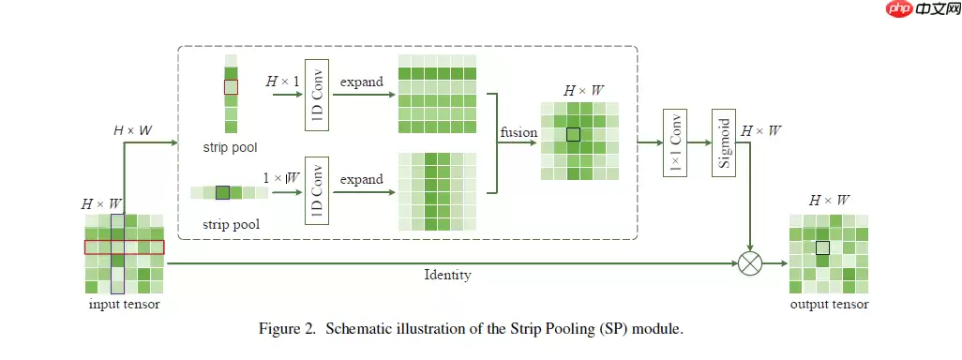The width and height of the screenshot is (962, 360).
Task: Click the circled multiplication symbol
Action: (x=749, y=263)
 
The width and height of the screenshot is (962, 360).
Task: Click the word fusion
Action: (x=519, y=133)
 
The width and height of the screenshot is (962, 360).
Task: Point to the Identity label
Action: (x=447, y=276)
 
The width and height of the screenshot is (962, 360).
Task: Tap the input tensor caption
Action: (x=124, y=305)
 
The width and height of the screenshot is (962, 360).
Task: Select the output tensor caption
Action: (x=829, y=305)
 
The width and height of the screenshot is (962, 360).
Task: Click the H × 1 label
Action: (x=282, y=82)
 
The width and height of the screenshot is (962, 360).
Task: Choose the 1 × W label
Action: (x=281, y=177)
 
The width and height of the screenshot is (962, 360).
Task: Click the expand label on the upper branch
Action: (x=362, y=82)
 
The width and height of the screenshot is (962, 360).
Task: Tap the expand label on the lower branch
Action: (x=362, y=179)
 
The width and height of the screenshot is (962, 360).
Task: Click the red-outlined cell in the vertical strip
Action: (x=231, y=87)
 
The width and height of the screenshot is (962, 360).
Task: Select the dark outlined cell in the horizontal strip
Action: (x=222, y=193)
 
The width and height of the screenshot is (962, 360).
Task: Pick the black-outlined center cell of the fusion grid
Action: (x=574, y=134)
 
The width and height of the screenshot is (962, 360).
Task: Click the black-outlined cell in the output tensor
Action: (x=822, y=247)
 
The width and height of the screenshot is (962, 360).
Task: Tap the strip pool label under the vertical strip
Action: (x=230, y=148)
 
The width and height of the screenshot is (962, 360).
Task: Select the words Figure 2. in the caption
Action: (x=287, y=330)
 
